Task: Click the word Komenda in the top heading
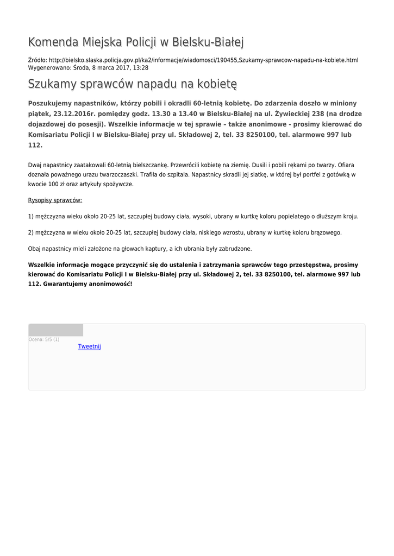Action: point(53,42)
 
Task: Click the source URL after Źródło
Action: point(203,60)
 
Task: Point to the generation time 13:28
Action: point(141,68)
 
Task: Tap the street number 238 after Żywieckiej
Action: point(312,113)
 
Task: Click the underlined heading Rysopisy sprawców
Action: point(55,200)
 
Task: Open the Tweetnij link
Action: point(90,346)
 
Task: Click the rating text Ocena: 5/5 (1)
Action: point(44,339)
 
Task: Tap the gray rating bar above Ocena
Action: point(55,330)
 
